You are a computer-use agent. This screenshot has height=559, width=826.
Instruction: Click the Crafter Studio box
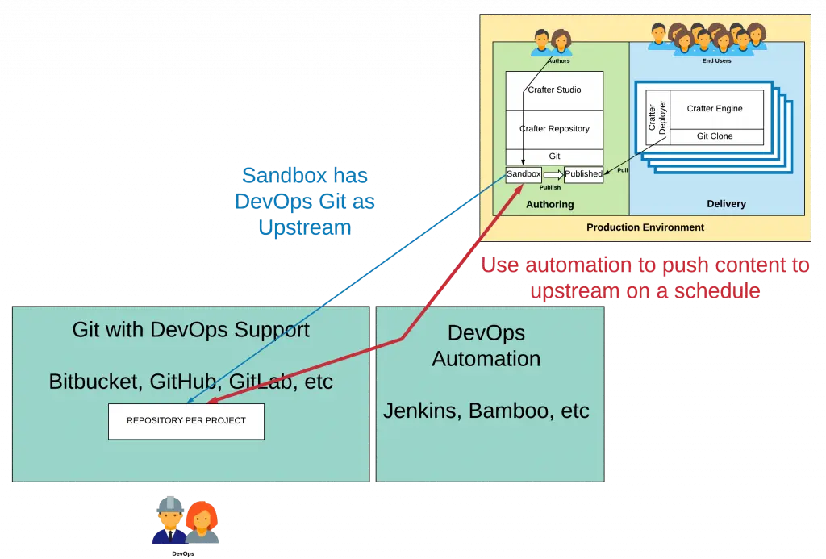click(x=554, y=90)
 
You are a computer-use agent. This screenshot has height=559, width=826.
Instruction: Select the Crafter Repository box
click(x=554, y=129)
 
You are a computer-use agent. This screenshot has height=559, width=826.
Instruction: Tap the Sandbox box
click(x=523, y=174)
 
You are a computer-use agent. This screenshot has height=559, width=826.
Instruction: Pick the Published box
click(x=583, y=174)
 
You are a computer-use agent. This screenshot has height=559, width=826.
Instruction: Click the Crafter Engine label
click(x=715, y=109)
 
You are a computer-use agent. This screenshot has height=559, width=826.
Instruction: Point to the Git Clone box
click(x=715, y=136)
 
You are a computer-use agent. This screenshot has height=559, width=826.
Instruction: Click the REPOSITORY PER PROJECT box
click(x=186, y=421)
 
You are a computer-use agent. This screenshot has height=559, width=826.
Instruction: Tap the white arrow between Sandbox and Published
click(x=553, y=174)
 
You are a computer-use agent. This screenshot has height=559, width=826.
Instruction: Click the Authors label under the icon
click(x=559, y=61)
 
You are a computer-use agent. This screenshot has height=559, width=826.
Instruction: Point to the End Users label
click(x=716, y=61)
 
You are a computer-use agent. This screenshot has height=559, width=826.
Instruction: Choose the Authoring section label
click(x=549, y=205)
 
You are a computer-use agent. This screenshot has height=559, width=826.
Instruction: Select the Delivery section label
click(x=726, y=205)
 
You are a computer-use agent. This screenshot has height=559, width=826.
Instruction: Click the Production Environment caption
click(x=645, y=227)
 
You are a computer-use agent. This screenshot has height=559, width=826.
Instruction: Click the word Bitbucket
click(x=94, y=382)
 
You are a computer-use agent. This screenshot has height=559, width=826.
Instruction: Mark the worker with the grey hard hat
click(x=170, y=520)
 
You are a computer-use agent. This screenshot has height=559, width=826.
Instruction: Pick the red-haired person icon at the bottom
click(x=202, y=523)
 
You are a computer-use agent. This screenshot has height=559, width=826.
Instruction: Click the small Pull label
click(x=623, y=170)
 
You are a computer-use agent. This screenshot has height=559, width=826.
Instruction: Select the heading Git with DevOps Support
click(x=190, y=329)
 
